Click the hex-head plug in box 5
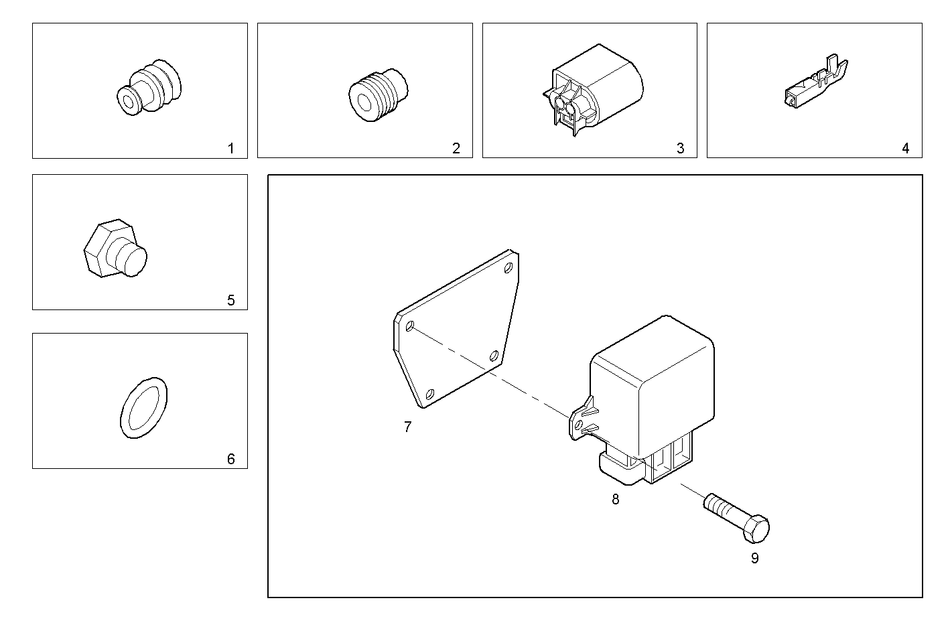point(115,249)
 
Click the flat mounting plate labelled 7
point(456,328)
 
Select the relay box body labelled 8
point(653,389)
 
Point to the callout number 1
point(231,149)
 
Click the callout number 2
point(456,149)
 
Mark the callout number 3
point(681,149)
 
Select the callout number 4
point(906,149)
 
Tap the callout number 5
point(231,300)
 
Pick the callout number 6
point(231,459)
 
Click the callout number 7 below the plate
point(407,427)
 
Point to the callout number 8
point(615,499)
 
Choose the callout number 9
point(754,558)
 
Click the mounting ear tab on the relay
point(580,421)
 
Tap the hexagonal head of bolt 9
point(756,529)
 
